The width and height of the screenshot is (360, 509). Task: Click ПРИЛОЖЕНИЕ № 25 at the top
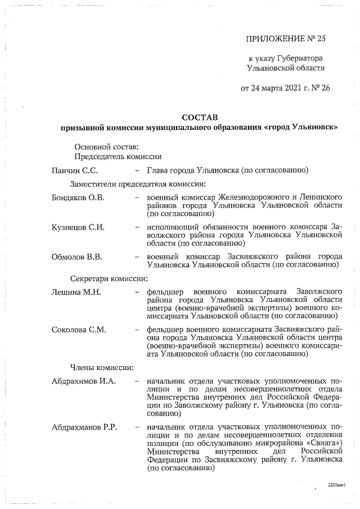(286, 38)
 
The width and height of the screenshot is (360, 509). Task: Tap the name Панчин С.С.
(75, 170)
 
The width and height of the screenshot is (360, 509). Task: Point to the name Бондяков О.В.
(78, 198)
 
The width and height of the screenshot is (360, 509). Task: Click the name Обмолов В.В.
(76, 257)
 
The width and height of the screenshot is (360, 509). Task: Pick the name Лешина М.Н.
(75, 292)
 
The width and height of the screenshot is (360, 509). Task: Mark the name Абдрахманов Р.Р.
(84, 428)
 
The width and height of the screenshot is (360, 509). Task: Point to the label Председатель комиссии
(118, 157)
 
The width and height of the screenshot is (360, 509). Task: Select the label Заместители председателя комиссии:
(138, 184)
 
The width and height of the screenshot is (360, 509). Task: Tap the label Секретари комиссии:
(109, 278)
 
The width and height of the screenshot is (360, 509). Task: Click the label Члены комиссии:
(102, 367)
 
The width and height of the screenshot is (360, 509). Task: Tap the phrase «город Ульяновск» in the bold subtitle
(301, 128)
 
